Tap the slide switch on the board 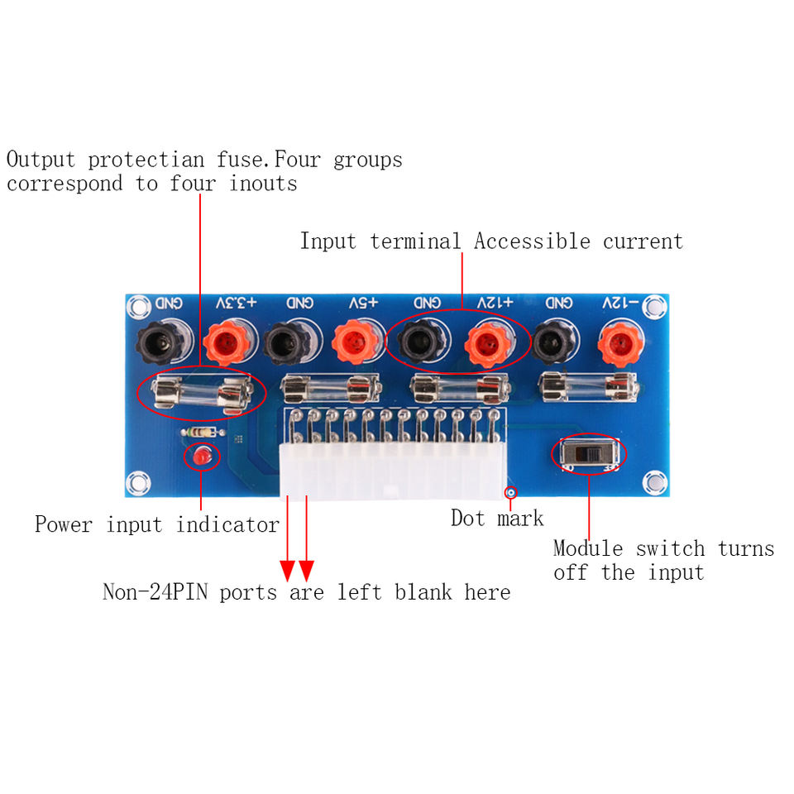click(x=588, y=454)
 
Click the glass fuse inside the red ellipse click(x=201, y=392)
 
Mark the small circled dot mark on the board click(x=511, y=492)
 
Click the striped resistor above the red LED click(x=202, y=432)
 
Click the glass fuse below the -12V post click(x=587, y=386)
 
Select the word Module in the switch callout click(x=587, y=548)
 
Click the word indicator click(x=227, y=524)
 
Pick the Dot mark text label click(x=497, y=519)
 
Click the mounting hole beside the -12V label click(x=655, y=307)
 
